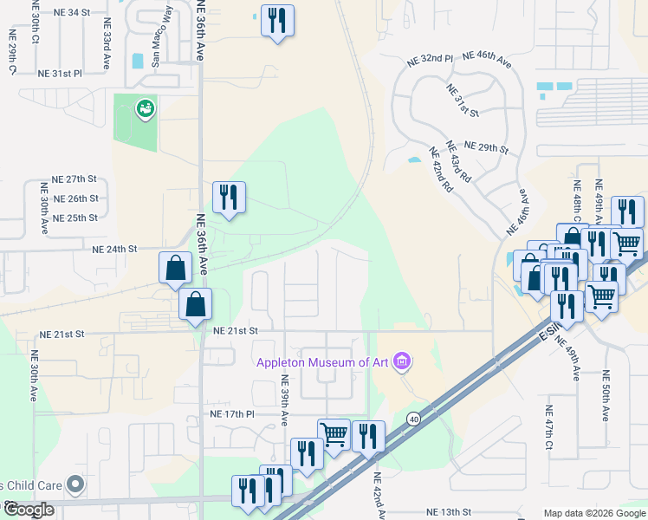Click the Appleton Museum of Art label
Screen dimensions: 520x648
[321, 362]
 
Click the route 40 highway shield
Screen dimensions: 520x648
[415, 419]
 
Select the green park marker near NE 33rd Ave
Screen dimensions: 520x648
[144, 109]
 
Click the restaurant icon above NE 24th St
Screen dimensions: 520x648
[229, 198]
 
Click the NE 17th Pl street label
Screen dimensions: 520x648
[231, 414]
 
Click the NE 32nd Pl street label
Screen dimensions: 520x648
[431, 60]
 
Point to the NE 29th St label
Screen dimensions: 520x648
[486, 147]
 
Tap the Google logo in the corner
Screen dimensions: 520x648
[29, 510]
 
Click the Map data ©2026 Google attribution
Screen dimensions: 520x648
[594, 514]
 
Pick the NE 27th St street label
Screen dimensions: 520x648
[74, 179]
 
